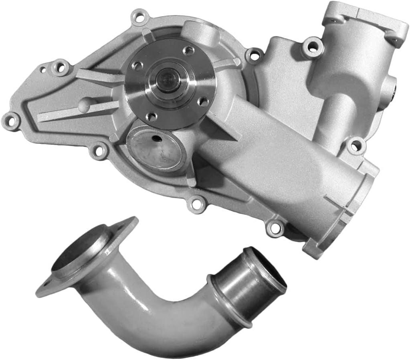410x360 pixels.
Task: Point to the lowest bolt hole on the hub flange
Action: tap(151, 117)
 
